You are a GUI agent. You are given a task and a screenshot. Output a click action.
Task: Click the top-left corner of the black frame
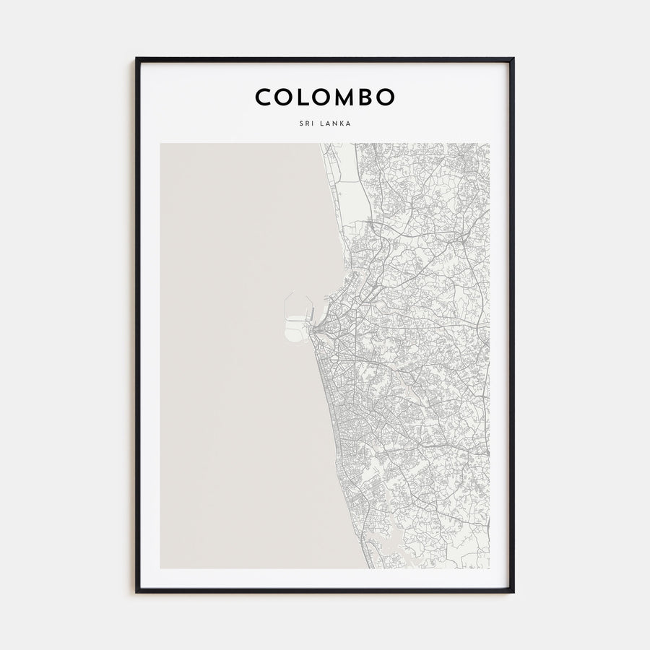click(x=137, y=59)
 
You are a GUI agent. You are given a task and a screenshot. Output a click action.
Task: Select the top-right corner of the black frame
click(x=513, y=59)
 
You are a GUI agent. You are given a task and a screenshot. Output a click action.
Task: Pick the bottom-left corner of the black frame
click(x=137, y=591)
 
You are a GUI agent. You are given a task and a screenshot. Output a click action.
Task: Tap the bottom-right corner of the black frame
click(x=513, y=591)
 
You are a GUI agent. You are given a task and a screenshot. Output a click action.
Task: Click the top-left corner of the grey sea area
click(x=161, y=144)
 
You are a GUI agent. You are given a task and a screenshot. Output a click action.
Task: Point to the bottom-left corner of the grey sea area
click(x=161, y=568)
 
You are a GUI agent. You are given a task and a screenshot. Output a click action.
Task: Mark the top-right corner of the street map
click(x=488, y=144)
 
